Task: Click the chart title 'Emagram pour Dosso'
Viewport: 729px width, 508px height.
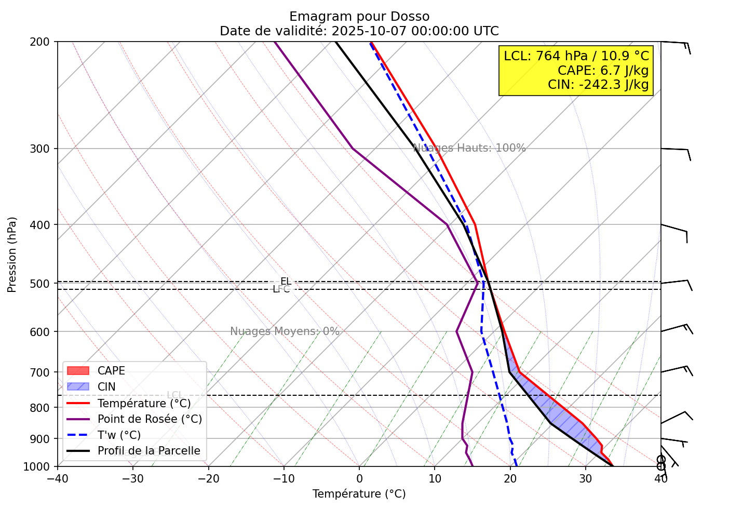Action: [x=359, y=17]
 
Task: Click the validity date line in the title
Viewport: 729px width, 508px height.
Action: [x=359, y=31]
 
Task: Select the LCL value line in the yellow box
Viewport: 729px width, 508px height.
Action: [x=576, y=56]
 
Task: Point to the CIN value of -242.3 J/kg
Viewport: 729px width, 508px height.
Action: [x=598, y=85]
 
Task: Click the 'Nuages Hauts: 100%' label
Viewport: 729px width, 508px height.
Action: [x=469, y=148]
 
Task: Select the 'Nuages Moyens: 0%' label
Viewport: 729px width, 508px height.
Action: [x=285, y=331]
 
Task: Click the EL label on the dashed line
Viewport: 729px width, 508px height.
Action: [x=286, y=282]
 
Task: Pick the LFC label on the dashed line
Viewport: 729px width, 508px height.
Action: [x=281, y=289]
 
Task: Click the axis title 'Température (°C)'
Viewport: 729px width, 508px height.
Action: [x=359, y=494]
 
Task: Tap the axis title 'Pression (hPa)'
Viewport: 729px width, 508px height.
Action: [x=12, y=255]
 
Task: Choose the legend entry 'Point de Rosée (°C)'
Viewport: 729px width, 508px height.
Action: [x=150, y=419]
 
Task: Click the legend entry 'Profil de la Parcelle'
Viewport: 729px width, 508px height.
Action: [x=148, y=451]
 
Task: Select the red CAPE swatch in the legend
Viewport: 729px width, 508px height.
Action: [x=78, y=371]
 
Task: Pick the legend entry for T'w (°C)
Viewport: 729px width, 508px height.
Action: [x=119, y=435]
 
